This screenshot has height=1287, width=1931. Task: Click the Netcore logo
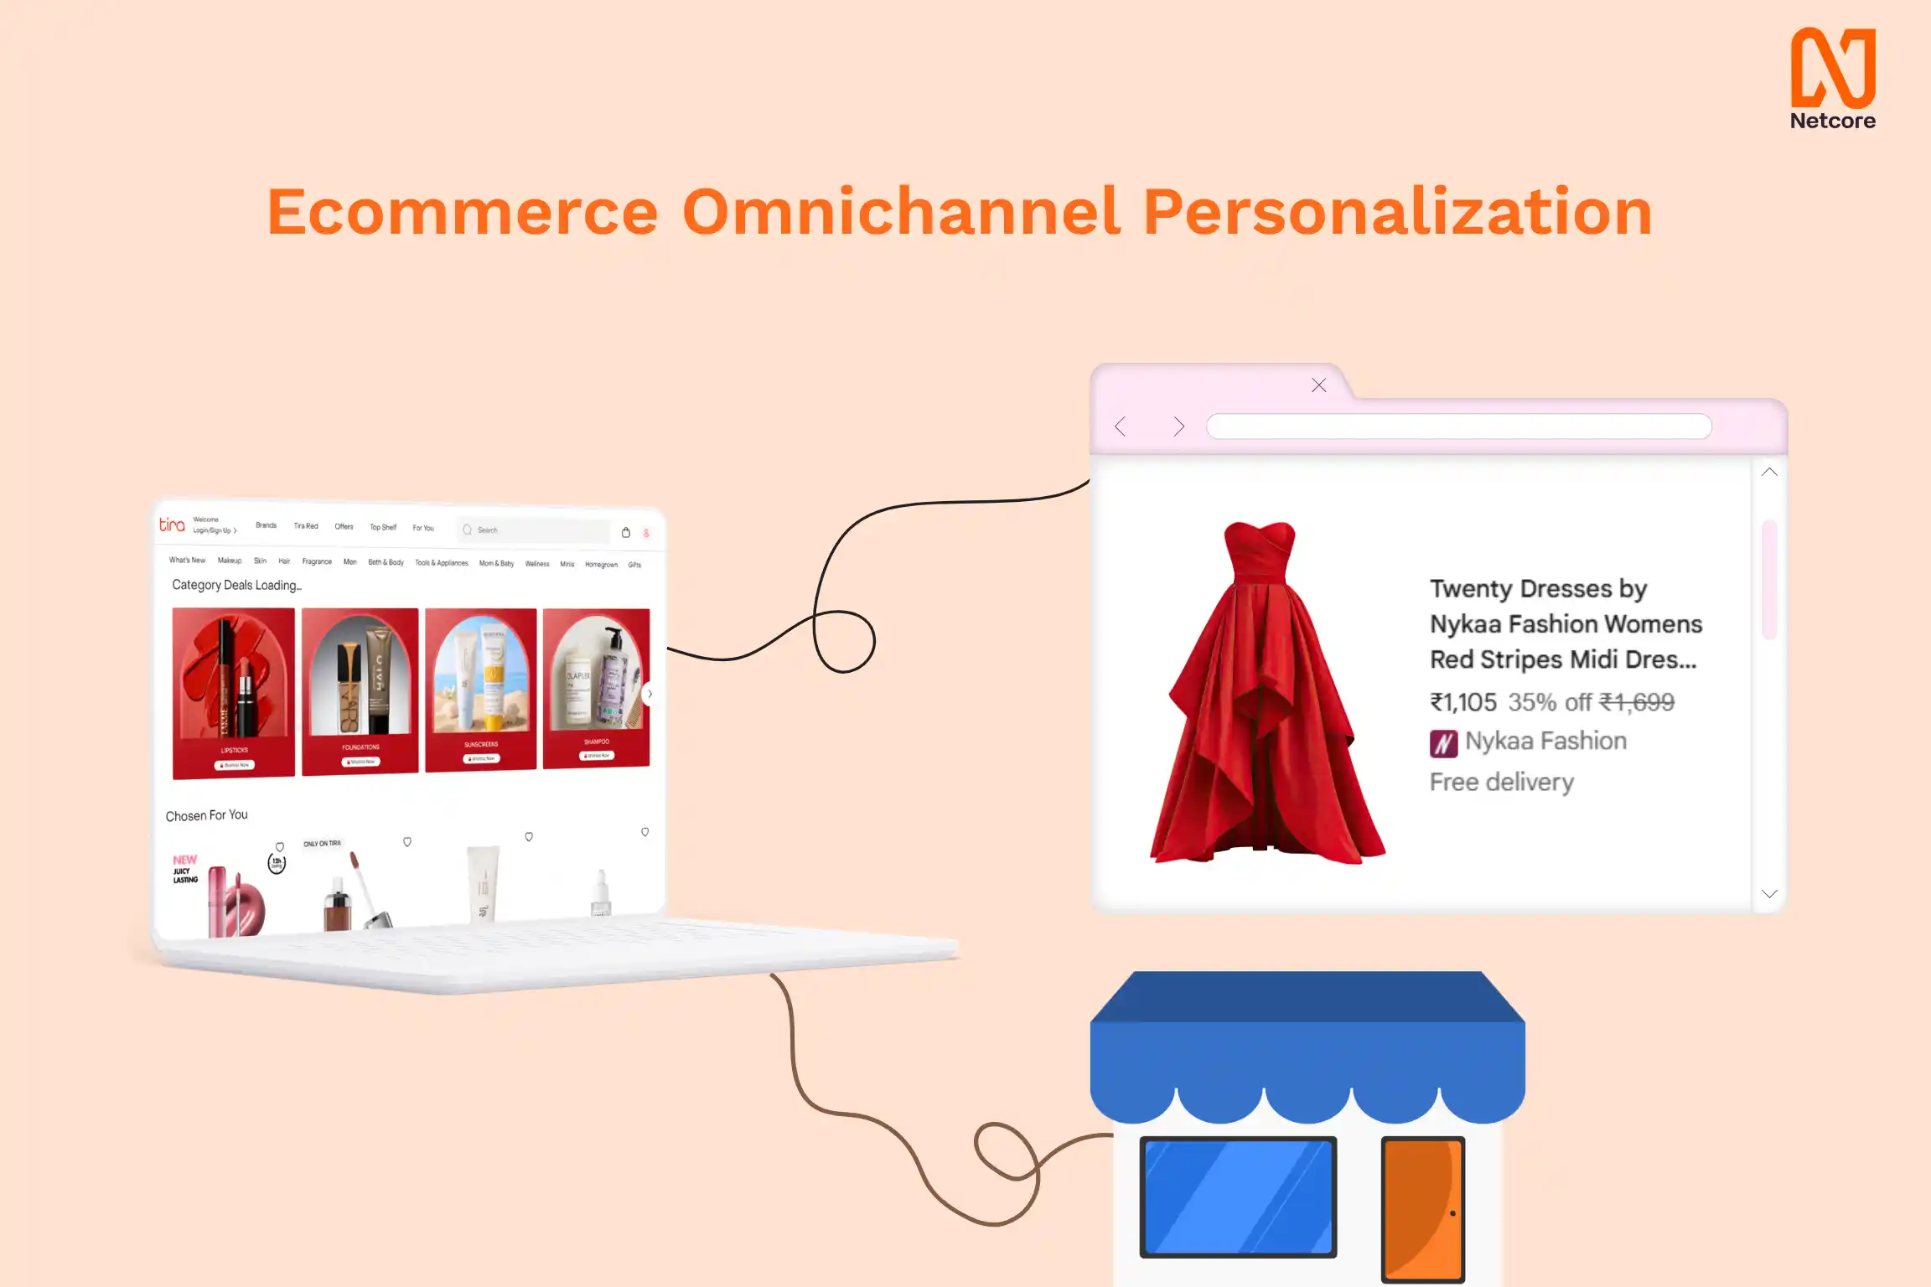coord(1832,78)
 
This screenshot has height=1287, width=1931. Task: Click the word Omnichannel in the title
coord(901,212)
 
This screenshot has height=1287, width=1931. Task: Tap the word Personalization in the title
coord(1397,212)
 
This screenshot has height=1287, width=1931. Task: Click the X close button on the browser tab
coord(1318,385)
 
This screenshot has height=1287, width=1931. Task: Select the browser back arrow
coord(1121,426)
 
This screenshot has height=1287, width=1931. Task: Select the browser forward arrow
coord(1178,426)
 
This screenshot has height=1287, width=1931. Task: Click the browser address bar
coord(1458,426)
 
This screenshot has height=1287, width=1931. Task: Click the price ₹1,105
coord(1462,702)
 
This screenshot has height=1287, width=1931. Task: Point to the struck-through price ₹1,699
coord(1636,702)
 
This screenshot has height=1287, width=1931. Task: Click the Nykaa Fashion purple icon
coord(1443,742)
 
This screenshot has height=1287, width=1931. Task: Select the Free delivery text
coord(1501,783)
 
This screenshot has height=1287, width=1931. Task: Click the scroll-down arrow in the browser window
coord(1769,894)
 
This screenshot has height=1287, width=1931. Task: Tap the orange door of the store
coord(1422,1208)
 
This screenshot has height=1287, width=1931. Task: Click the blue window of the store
coord(1238,1197)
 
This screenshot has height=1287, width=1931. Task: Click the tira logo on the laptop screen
coord(172,525)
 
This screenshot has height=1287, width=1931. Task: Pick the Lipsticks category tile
coord(234,692)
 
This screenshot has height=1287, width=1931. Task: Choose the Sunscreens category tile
coord(480,689)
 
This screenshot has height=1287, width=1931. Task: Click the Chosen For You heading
coord(206,815)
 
